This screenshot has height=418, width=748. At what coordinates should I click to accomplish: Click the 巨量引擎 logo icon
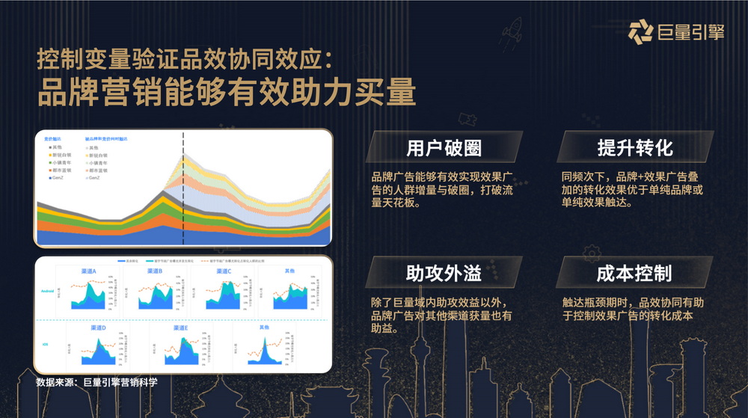pos(640,34)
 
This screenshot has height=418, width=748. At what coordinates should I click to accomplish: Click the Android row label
pos(48,292)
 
